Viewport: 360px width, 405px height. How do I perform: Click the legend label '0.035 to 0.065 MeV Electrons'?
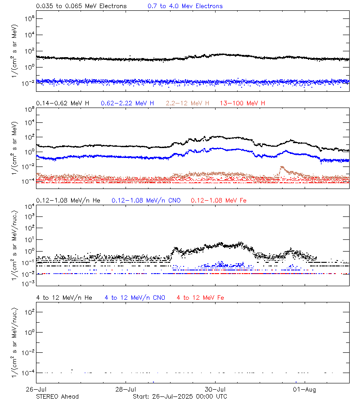[x=81, y=6]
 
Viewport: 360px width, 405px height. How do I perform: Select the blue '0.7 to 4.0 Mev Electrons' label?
[x=185, y=6]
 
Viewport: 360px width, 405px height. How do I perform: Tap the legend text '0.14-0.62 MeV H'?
[x=63, y=103]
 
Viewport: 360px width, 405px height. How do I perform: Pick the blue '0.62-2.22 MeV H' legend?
[x=127, y=103]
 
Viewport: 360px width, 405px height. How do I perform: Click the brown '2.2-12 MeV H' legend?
[x=188, y=103]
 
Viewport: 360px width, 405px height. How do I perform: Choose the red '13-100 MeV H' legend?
[x=243, y=103]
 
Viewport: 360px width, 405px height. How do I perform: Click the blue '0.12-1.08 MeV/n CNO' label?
[x=146, y=200]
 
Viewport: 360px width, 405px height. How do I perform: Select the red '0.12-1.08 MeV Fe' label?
[x=219, y=200]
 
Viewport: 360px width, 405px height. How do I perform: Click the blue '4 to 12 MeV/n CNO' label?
[x=135, y=297]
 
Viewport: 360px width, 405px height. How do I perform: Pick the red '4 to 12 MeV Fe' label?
[x=200, y=297]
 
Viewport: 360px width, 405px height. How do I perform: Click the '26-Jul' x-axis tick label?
[x=36, y=389]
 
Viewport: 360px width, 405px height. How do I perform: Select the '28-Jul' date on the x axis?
[x=126, y=389]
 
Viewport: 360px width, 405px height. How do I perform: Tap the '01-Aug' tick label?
[x=305, y=389]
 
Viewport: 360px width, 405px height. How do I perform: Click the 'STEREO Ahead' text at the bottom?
[x=57, y=396]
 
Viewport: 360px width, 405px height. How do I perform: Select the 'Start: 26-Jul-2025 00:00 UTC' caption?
[x=180, y=396]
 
